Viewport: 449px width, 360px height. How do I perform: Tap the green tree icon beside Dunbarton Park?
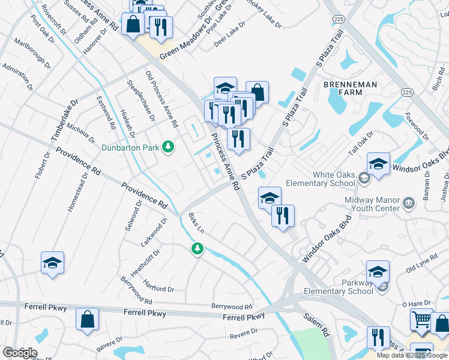pos(169,146)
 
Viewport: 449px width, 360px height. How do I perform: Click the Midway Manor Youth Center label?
pos(371,203)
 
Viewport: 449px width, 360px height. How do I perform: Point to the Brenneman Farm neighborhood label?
pos(352,88)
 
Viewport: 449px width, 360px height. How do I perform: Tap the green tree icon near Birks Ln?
pos(197,248)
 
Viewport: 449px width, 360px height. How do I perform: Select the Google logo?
pos(20,353)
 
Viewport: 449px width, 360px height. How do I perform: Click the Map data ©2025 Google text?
pos(412,355)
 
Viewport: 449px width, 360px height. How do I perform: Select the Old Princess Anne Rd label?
pos(162,99)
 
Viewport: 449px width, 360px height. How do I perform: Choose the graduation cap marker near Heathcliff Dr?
pos(53,262)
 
